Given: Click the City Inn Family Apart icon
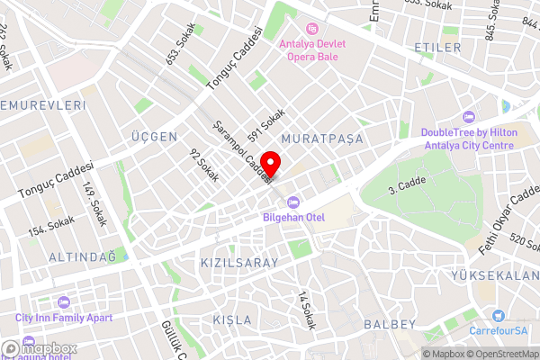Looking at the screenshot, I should tap(62, 302).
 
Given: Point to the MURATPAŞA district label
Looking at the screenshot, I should tap(321, 138).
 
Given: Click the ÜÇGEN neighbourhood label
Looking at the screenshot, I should tap(152, 136).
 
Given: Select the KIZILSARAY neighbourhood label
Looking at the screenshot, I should tap(238, 262).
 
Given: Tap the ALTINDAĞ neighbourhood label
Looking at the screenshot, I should tap(83, 256).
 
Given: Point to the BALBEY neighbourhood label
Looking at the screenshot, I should tap(390, 323).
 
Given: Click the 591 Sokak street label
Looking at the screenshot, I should tap(267, 123).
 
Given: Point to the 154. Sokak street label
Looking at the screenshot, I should tap(51, 225).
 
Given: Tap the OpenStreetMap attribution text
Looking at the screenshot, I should tap(499, 353).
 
